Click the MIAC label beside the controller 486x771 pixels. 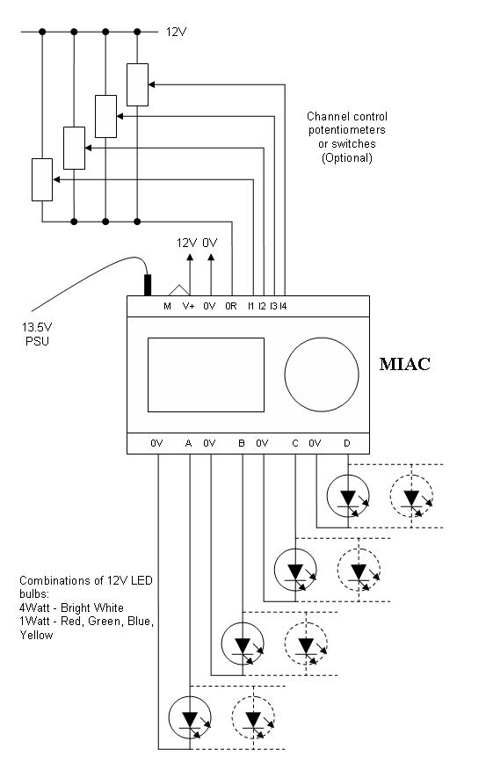[404, 364]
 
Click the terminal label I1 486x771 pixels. [250, 306]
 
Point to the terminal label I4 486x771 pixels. [283, 306]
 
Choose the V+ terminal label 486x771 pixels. [188, 306]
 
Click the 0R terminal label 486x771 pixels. [231, 306]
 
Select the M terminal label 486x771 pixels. [167, 306]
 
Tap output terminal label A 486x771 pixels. [188, 443]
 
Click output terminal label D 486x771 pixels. [347, 443]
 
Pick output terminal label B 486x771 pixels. [242, 443]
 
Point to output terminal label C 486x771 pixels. [294, 443]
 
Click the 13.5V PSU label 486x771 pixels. [37, 334]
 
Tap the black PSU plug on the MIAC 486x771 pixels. [148, 285]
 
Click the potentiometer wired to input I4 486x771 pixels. [138, 84]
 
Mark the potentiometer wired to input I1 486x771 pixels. [42, 179]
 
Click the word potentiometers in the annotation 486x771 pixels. [347, 130]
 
